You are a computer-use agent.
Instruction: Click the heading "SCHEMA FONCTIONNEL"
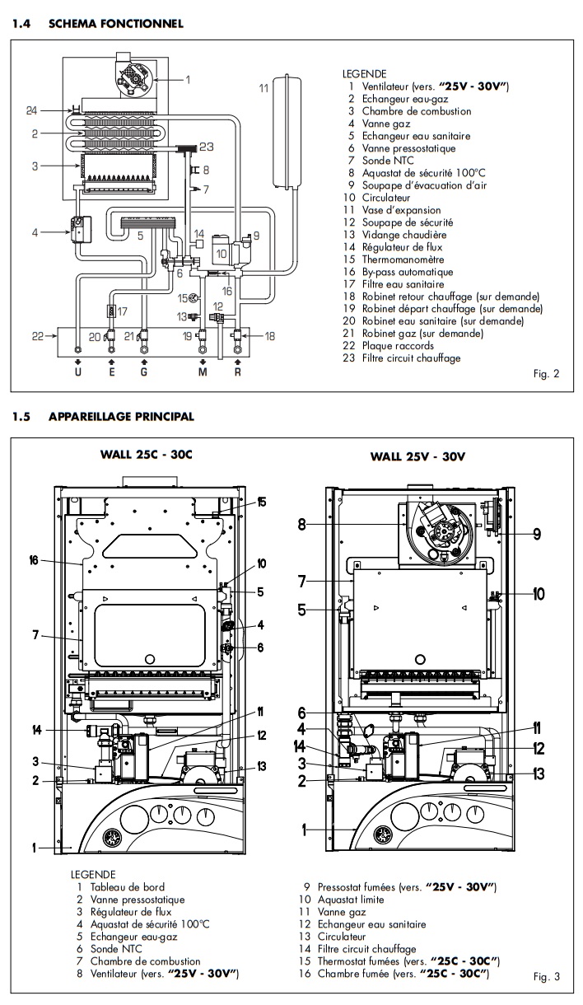pyautogui.click(x=115, y=24)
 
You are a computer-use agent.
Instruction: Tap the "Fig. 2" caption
pyautogui.click(x=545, y=374)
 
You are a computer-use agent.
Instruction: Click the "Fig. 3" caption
pyautogui.click(x=545, y=978)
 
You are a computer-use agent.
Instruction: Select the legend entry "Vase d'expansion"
pyautogui.click(x=396, y=210)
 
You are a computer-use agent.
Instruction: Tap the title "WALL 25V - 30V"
pyautogui.click(x=417, y=455)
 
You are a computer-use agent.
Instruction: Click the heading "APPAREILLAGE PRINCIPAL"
pyautogui.click(x=121, y=417)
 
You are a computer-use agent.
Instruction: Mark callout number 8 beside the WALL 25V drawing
pyautogui.click(x=302, y=523)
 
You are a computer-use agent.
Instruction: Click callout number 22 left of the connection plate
pyautogui.click(x=37, y=337)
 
